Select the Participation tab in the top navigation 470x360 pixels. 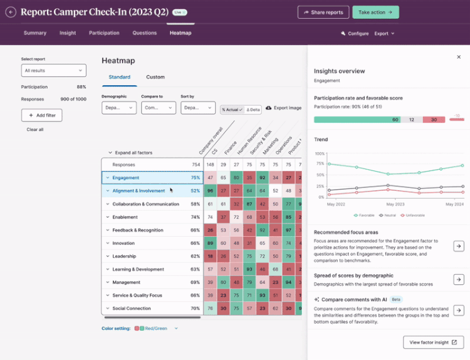[x=103, y=33]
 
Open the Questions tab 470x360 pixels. [x=145, y=33]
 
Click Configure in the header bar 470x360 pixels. [x=355, y=33]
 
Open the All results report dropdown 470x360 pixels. [x=53, y=71]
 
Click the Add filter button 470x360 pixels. [x=41, y=115]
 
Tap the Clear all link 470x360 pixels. [x=35, y=130]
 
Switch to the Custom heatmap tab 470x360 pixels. [x=155, y=77]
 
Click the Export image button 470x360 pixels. [x=284, y=108]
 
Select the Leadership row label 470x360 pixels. [x=124, y=256]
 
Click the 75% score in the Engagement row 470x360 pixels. [x=195, y=178]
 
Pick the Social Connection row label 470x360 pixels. [x=132, y=309]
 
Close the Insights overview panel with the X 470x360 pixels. [x=458, y=57]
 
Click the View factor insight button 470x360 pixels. [x=433, y=342]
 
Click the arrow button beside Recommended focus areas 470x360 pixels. [x=458, y=246]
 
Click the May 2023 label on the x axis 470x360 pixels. [x=395, y=204]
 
